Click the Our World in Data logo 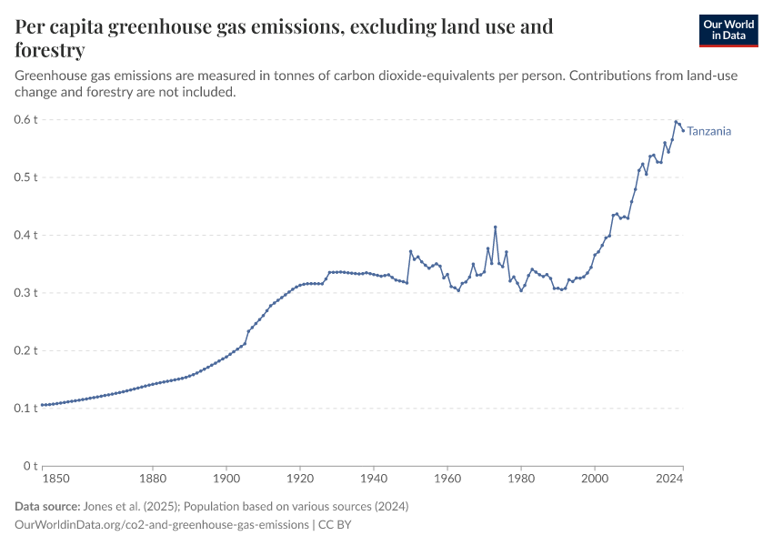728,30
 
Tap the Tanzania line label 709,131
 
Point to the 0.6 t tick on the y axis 25,119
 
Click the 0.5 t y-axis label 25,177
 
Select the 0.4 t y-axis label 25,235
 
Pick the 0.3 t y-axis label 25,293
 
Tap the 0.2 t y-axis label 25,350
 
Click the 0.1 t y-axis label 25,409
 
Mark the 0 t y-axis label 30,466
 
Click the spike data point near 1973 496,227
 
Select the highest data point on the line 676,121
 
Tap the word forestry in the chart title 51,49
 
